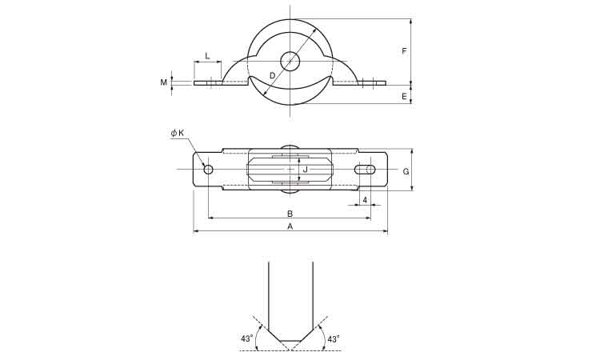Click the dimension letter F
tap(404, 50)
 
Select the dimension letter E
tap(404, 97)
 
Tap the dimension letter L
tap(207, 55)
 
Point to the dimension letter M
tap(164, 82)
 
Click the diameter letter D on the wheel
tap(272, 75)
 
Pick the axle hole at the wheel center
tap(290, 62)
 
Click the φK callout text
tap(178, 133)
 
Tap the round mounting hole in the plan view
tap(208, 170)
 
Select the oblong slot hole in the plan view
tap(365, 170)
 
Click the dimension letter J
tap(305, 170)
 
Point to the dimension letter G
tap(406, 172)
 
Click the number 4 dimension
tap(365, 200)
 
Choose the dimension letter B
tap(290, 213)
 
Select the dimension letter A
tap(290, 226)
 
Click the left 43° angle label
tap(247, 338)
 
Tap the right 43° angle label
tap(334, 338)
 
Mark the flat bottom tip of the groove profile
tap(290, 341)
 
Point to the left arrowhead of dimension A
tap(196, 231)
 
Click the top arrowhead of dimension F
tap(410, 22)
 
